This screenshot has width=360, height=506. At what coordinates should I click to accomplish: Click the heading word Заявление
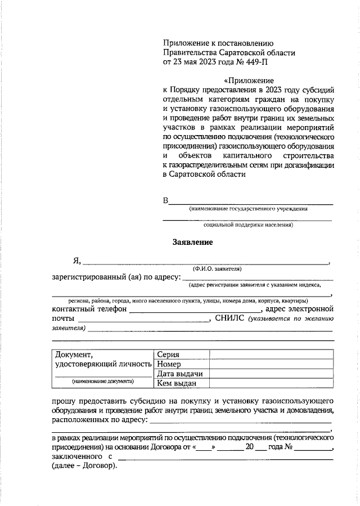[192, 243]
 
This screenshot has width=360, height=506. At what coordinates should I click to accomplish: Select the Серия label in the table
[169, 355]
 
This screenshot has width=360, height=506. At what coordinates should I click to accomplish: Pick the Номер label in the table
[170, 364]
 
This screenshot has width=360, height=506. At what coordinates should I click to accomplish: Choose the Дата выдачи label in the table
[179, 374]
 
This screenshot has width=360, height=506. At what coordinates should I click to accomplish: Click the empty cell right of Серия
[271, 355]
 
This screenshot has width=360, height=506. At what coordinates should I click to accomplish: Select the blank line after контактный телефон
[195, 310]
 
